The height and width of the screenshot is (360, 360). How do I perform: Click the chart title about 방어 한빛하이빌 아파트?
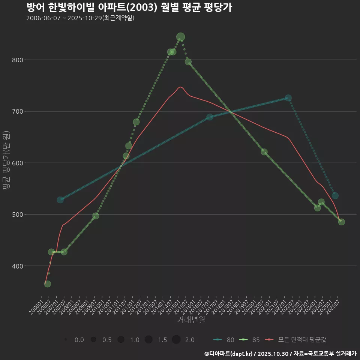tap(129, 7)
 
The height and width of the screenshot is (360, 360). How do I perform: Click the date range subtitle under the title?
tap(80, 18)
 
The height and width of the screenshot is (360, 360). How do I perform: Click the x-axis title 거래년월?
tap(191, 320)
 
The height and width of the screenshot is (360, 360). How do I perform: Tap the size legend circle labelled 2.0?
tap(176, 340)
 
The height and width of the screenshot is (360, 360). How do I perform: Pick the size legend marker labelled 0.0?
tap(66, 340)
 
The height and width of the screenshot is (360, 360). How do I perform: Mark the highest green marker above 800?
tap(180, 37)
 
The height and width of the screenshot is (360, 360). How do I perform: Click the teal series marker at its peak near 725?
tap(288, 98)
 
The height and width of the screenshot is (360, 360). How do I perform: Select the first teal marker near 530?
tap(60, 200)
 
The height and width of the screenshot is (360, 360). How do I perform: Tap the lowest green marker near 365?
tap(47, 284)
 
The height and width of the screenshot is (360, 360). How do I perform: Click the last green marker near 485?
tap(341, 222)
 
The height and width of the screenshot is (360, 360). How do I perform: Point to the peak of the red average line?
tap(180, 87)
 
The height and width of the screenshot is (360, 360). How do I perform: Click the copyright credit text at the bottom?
tap(280, 354)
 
